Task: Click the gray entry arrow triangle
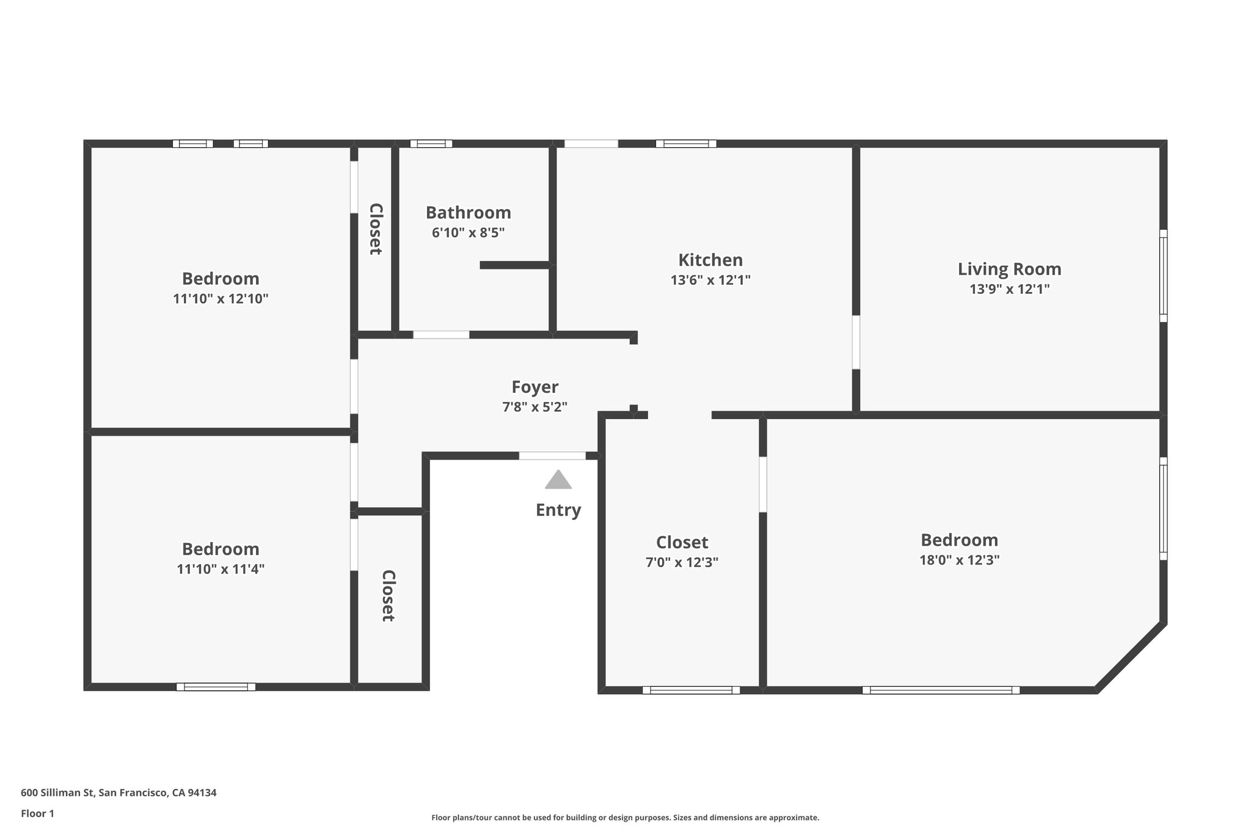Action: pyautogui.click(x=558, y=481)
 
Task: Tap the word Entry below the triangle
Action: pyautogui.click(x=558, y=510)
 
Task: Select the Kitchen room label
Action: pyautogui.click(x=710, y=260)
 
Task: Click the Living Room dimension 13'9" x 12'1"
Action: pyautogui.click(x=1009, y=289)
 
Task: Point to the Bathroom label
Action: pyautogui.click(x=468, y=213)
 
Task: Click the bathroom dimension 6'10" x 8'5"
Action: pyautogui.click(x=468, y=233)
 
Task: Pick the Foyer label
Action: pyautogui.click(x=534, y=387)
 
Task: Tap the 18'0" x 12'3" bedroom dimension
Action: pyautogui.click(x=959, y=560)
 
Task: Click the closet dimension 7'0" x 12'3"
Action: pyautogui.click(x=682, y=562)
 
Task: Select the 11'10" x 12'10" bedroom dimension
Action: pyautogui.click(x=221, y=299)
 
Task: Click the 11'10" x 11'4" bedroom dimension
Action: pyautogui.click(x=221, y=569)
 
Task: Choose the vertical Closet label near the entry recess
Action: pyautogui.click(x=388, y=596)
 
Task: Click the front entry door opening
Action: pyautogui.click(x=552, y=456)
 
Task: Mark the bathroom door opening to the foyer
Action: pyautogui.click(x=441, y=335)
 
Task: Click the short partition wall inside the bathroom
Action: pyautogui.click(x=514, y=265)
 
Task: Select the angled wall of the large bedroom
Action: pyautogui.click(x=1131, y=657)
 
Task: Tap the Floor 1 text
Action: pyautogui.click(x=37, y=813)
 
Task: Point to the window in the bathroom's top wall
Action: pyautogui.click(x=431, y=144)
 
